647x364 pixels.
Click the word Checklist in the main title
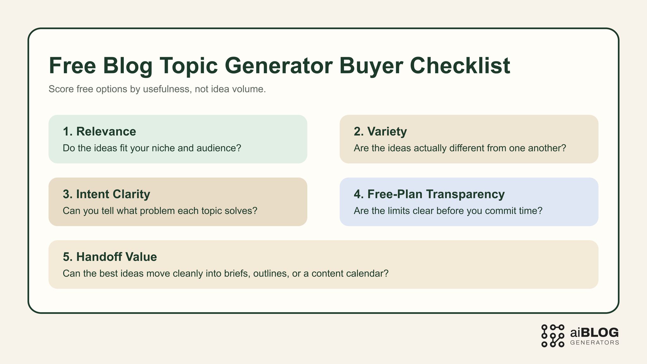coord(460,66)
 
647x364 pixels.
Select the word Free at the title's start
coord(72,66)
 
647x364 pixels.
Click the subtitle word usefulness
coord(166,89)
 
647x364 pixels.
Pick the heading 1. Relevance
coord(99,131)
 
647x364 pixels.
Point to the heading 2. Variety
coord(380,131)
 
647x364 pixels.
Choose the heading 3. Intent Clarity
coord(106,194)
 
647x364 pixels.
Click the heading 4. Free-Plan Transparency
coord(429,194)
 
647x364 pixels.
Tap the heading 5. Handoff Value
coord(110,257)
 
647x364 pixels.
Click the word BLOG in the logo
coord(599,333)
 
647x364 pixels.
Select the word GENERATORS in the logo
coord(595,343)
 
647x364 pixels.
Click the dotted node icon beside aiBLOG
coord(553,336)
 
